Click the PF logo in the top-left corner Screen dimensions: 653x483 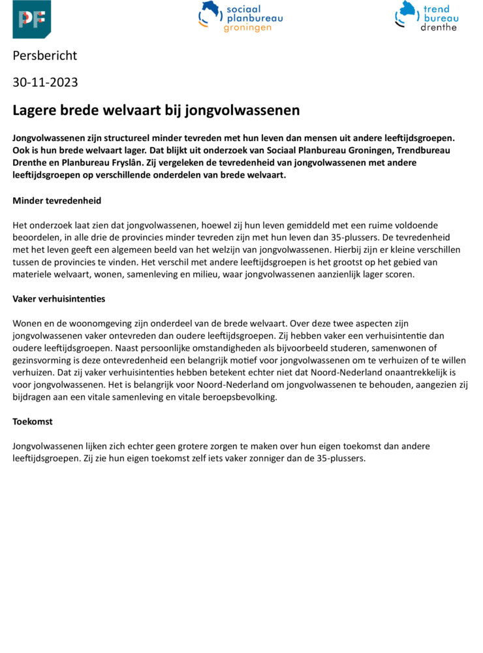[x=31, y=20]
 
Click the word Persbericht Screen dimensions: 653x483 [x=44, y=56]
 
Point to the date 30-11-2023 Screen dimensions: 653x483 [x=45, y=82]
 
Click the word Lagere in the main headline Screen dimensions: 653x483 [x=34, y=110]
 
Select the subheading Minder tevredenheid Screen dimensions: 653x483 [x=57, y=200]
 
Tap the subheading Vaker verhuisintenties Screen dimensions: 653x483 [x=59, y=298]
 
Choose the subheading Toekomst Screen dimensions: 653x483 [x=33, y=421]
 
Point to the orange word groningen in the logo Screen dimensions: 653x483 [x=247, y=28]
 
